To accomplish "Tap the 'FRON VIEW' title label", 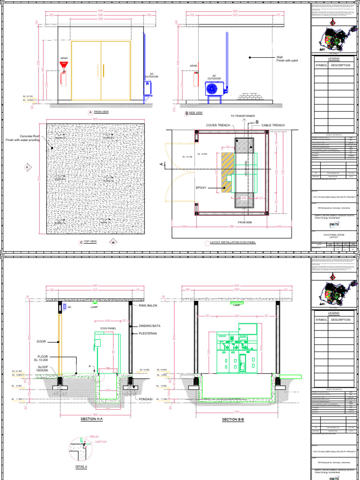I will (x=101, y=112).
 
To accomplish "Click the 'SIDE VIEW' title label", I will (x=195, y=113).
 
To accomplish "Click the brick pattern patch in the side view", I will (x=248, y=96).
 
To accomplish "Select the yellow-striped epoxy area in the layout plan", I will (x=227, y=172).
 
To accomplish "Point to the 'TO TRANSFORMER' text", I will (x=242, y=115).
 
